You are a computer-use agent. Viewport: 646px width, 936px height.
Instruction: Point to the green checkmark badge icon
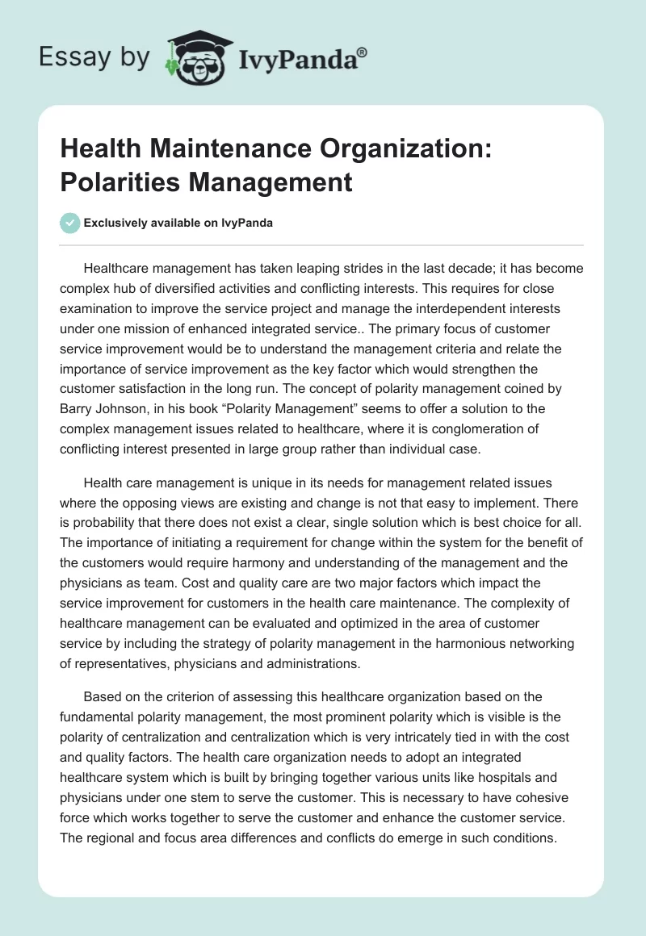pyautogui.click(x=70, y=223)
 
